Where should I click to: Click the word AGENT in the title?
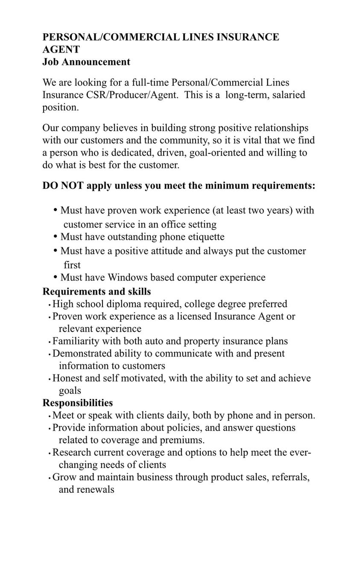61,50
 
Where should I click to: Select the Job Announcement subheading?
86,62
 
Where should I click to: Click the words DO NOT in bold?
63,186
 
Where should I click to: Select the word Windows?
127,278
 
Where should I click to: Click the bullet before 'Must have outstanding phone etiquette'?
56,236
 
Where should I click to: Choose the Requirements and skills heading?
97,292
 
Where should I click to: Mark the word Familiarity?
76,341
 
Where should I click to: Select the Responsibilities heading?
78,403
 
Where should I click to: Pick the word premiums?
182,440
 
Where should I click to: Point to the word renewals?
95,490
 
